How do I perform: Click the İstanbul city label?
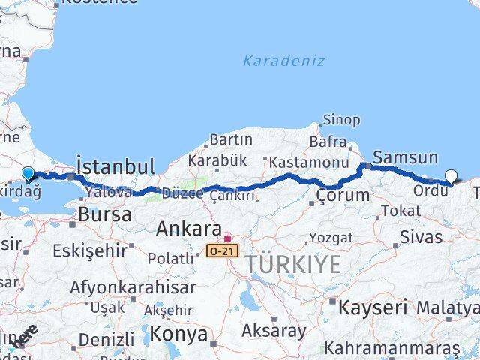tap(116, 166)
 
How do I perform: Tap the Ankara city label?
tap(188, 229)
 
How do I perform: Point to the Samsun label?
tap(405, 157)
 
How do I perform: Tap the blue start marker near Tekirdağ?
tap(28, 174)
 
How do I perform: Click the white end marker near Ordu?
tap(451, 177)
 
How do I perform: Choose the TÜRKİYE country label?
tap(290, 263)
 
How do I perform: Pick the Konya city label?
tap(178, 334)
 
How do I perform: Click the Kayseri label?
tap(372, 307)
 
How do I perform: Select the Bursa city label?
tap(104, 214)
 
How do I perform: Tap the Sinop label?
tap(341, 120)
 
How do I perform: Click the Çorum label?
tap(343, 196)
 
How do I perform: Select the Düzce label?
tap(182, 193)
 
